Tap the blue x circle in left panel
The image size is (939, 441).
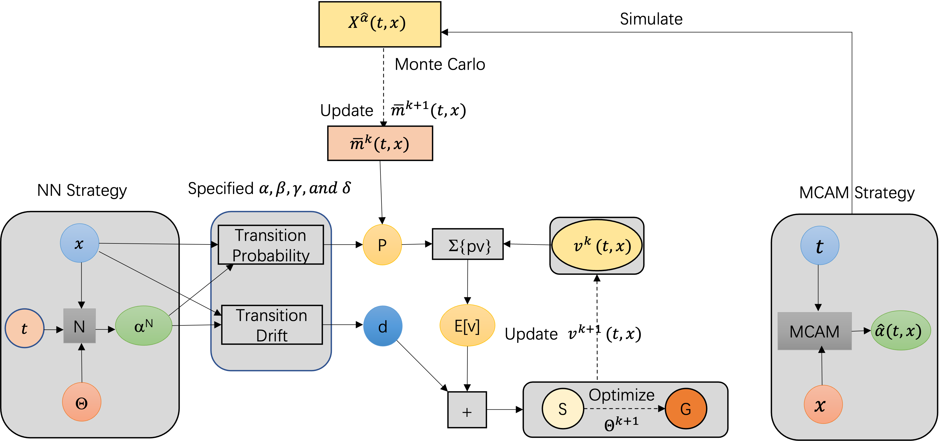click(x=80, y=243)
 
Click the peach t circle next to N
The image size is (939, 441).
click(x=24, y=328)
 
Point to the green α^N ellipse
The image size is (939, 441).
click(x=144, y=326)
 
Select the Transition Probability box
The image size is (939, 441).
click(x=270, y=245)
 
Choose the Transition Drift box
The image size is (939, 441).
click(x=272, y=325)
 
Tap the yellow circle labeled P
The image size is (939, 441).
click(x=382, y=245)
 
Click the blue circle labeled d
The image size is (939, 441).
click(x=383, y=326)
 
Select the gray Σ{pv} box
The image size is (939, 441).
click(x=468, y=244)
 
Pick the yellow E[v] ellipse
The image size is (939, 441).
click(x=467, y=325)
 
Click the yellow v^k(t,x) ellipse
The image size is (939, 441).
click(x=597, y=245)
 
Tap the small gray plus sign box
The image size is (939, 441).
click(x=467, y=410)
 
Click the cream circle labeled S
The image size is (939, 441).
click(x=563, y=409)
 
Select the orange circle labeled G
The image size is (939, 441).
click(x=686, y=409)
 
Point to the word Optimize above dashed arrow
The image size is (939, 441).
click(x=621, y=395)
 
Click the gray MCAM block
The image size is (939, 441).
click(x=814, y=331)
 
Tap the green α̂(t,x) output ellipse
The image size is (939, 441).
click(x=900, y=330)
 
